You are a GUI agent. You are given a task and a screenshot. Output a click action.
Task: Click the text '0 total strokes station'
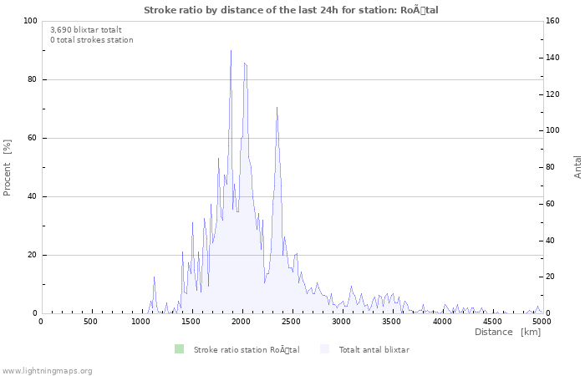point(91,39)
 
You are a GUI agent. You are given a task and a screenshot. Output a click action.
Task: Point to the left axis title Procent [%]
point(8,167)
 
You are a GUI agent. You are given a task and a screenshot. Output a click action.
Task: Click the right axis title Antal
point(577,166)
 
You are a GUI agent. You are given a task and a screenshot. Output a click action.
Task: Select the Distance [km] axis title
point(507,332)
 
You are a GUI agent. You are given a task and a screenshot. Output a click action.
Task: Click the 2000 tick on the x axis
point(241,321)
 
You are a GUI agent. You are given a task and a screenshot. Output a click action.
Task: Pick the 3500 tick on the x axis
point(392,321)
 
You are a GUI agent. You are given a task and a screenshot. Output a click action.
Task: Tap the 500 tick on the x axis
point(90,321)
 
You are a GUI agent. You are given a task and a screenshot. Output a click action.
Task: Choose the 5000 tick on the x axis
point(542,321)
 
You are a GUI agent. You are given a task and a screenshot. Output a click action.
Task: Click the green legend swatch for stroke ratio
point(178,349)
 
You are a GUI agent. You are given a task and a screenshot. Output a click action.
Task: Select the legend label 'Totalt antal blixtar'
point(374,349)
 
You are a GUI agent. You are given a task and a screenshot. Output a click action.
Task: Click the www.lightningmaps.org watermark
point(47,370)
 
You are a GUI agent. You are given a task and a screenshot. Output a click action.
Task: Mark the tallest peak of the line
point(231,50)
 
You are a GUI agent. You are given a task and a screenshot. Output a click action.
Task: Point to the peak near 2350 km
point(277,107)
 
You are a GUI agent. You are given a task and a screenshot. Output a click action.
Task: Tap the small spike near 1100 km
point(155,277)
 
